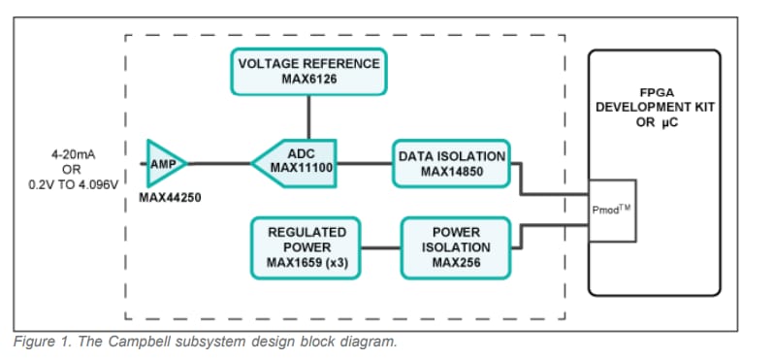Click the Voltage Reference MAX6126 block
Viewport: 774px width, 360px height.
coord(308,71)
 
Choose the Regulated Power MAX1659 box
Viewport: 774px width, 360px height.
coord(306,247)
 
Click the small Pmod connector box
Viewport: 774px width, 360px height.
coord(612,210)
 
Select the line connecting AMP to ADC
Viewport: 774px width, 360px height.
coord(220,163)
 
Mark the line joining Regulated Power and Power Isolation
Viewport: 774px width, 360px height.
coord(382,247)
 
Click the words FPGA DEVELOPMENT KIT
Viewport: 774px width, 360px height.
coord(655,99)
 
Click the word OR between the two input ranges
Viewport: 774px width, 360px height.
coord(72,168)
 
